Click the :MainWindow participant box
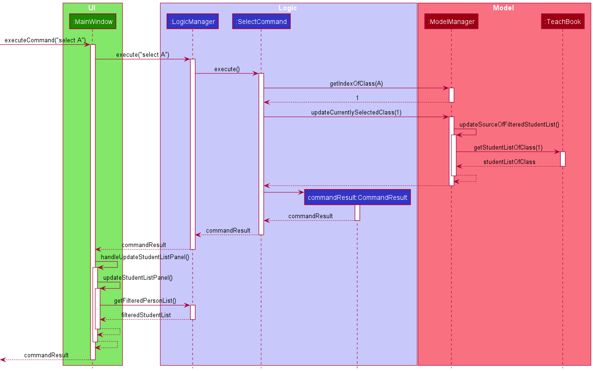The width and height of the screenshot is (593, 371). [x=93, y=22]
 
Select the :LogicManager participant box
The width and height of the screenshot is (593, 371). [x=192, y=22]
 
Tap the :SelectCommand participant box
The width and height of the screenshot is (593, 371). [x=261, y=22]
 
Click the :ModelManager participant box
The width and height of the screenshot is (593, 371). [x=451, y=22]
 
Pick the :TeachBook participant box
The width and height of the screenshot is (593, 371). [x=563, y=22]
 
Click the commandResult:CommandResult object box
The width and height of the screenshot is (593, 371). [x=357, y=198]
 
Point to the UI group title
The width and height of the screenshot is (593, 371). [x=92, y=8]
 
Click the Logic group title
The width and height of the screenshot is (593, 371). [x=287, y=8]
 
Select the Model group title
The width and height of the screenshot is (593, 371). [x=503, y=8]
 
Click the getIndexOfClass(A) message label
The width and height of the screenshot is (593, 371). [x=356, y=84]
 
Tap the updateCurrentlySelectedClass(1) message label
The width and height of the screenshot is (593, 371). [x=356, y=113]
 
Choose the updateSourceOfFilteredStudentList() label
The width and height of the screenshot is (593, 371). [x=509, y=125]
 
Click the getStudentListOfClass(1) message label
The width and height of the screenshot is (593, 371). [x=508, y=147]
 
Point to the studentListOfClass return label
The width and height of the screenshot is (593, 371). [x=509, y=162]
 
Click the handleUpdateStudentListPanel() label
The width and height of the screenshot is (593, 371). [x=145, y=257]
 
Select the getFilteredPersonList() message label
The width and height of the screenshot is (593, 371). [x=145, y=301]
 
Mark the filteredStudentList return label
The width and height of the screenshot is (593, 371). [x=146, y=315]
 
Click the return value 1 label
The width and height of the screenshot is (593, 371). [x=357, y=98]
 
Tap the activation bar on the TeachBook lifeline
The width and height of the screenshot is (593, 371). [x=563, y=159]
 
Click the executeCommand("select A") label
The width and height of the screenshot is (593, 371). [x=45, y=40]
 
